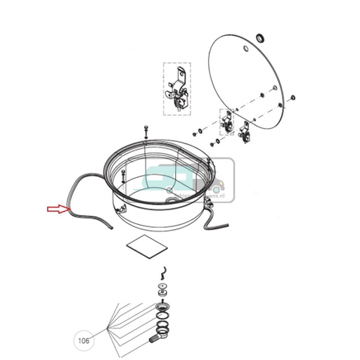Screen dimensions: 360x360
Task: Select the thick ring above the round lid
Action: pyautogui.click(x=261, y=37)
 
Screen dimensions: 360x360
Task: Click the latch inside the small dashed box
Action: pyautogui.click(x=227, y=123)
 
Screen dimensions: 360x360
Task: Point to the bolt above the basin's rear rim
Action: pyautogui.click(x=145, y=131)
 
